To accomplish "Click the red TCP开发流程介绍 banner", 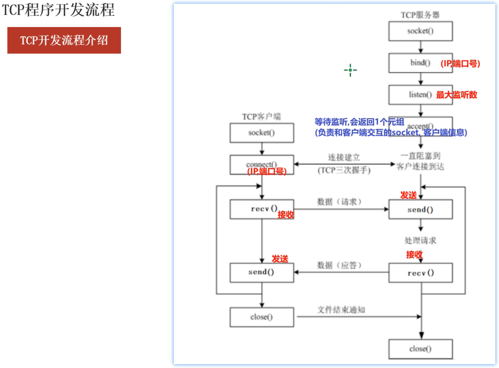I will [64, 40].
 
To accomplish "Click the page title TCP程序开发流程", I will [58, 10].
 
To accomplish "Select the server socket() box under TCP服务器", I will [420, 31].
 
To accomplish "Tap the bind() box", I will [420, 63].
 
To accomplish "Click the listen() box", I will [420, 95].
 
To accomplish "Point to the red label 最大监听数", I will [457, 95].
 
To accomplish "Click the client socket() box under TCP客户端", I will [262, 133].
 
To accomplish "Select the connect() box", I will [262, 164].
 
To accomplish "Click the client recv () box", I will [262, 209].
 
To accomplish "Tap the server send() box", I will [420, 210].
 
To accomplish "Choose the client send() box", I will [262, 272].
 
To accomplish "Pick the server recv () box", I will [420, 273].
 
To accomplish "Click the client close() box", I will [262, 317].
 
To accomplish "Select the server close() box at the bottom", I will [420, 349].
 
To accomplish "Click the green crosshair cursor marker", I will [350, 70].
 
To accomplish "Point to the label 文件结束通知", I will [341, 310].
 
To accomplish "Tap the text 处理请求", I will [420, 240].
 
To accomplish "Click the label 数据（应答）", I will [339, 265].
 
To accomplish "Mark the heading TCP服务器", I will [420, 15].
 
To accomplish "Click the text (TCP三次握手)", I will [344, 170].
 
